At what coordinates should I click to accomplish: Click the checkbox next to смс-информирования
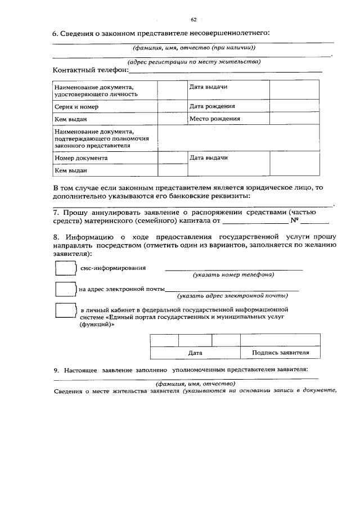[x=65, y=268]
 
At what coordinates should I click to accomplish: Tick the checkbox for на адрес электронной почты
[x=65, y=289]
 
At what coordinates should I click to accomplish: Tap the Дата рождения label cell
[x=212, y=106]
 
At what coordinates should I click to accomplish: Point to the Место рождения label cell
[x=214, y=119]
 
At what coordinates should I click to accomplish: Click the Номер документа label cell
[x=81, y=159]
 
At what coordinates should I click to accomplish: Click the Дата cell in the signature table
[x=195, y=353]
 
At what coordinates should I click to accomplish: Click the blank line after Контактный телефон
[x=225, y=71]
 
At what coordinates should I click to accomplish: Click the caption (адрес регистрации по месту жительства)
[x=193, y=61]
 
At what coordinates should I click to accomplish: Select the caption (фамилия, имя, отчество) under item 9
[x=195, y=383]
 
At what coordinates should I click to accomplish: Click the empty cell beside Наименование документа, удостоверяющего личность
[x=172, y=91]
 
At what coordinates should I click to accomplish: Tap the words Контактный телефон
[x=90, y=71]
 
